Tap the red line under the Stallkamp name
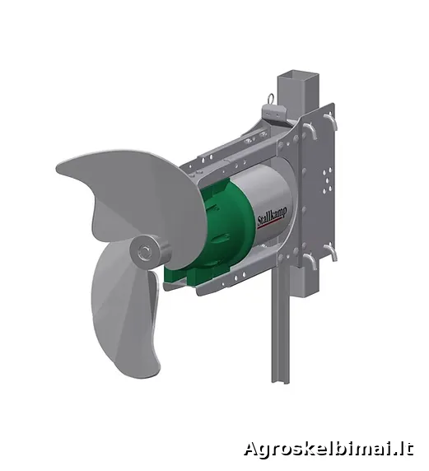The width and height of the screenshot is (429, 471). click(270, 224)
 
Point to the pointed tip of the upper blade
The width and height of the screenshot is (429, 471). click(58, 166)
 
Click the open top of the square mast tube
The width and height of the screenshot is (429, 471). click(297, 74)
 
